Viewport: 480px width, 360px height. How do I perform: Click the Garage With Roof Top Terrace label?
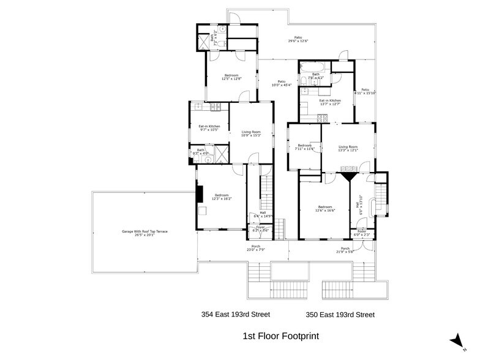(x=144, y=233)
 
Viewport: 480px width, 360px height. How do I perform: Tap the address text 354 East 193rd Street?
(x=236, y=315)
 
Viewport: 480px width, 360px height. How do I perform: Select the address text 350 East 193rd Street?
(x=340, y=315)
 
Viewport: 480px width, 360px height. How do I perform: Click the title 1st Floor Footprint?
(x=281, y=336)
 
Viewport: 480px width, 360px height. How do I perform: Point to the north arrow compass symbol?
(x=456, y=340)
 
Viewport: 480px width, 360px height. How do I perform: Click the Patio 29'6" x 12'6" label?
(x=298, y=40)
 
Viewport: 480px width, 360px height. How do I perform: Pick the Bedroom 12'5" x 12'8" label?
(x=231, y=77)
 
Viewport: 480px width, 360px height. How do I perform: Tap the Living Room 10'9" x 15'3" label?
(x=251, y=133)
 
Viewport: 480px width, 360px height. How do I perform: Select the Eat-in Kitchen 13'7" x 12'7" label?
(x=330, y=102)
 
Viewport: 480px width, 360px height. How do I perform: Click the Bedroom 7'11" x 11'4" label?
(x=304, y=147)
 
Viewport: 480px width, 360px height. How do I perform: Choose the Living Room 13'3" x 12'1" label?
(x=348, y=148)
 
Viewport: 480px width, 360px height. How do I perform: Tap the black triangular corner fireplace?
(x=350, y=176)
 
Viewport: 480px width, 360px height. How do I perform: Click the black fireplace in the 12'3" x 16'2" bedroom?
(x=198, y=193)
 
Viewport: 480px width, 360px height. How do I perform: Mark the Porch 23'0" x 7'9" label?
(x=256, y=248)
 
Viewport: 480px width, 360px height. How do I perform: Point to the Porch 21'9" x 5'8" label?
(x=344, y=250)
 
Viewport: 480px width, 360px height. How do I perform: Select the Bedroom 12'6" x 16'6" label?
(x=324, y=208)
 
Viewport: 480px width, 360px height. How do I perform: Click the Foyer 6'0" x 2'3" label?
(x=361, y=233)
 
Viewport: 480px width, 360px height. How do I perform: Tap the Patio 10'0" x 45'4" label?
(x=281, y=83)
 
